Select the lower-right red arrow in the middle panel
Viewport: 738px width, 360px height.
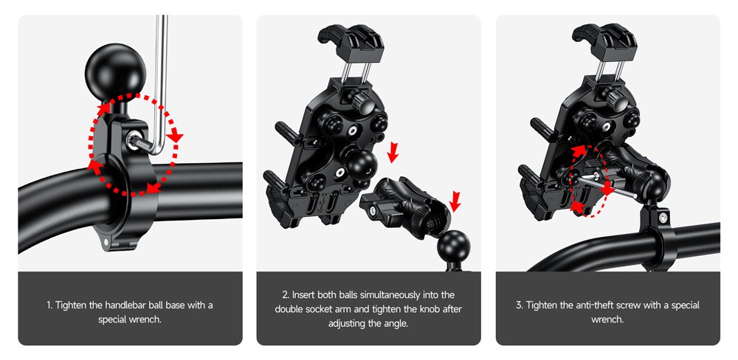click(x=455, y=199)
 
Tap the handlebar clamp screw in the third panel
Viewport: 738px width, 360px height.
click(x=663, y=217)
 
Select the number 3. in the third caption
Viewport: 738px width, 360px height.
click(x=520, y=305)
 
